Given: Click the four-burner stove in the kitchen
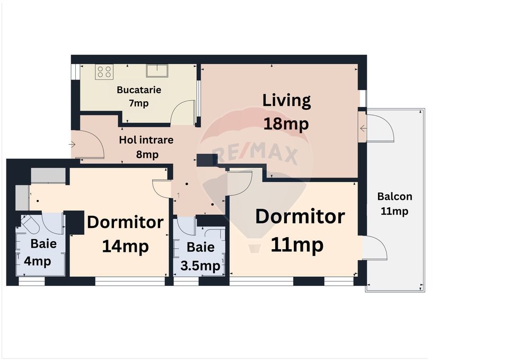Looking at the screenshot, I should [104, 72].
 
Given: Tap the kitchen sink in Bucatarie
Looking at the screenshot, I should [157, 71].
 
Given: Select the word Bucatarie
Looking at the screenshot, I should [139, 90].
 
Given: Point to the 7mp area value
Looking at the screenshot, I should [139, 103].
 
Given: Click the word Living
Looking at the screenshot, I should [286, 100].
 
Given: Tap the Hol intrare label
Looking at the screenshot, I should [146, 141].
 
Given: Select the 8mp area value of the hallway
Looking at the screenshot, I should [146, 155].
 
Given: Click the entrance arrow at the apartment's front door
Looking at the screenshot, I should [72, 144].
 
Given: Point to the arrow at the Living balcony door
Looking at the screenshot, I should [363, 128].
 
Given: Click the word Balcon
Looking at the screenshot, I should [394, 196].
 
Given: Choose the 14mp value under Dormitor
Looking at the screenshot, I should [125, 246].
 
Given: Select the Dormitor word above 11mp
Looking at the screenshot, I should [300, 217].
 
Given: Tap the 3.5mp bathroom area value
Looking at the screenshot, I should [200, 266].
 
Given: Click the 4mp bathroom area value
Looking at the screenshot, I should [38, 261].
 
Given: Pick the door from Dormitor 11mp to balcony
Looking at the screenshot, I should [374, 248].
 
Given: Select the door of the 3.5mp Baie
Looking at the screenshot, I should [186, 225].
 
